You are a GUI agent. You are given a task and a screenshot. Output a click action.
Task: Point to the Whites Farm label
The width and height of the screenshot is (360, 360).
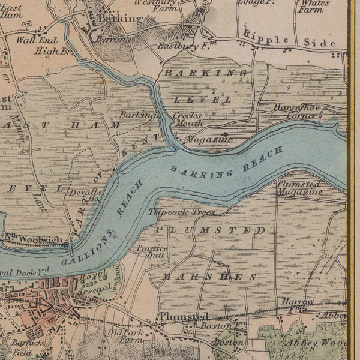(314, 6)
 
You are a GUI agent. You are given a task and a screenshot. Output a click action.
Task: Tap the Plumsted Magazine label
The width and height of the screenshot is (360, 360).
(299, 188)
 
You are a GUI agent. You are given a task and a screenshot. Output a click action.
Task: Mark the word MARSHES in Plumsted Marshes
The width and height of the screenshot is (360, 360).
(209, 277)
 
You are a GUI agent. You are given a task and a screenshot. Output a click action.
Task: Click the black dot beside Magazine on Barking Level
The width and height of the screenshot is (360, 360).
(224, 134)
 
